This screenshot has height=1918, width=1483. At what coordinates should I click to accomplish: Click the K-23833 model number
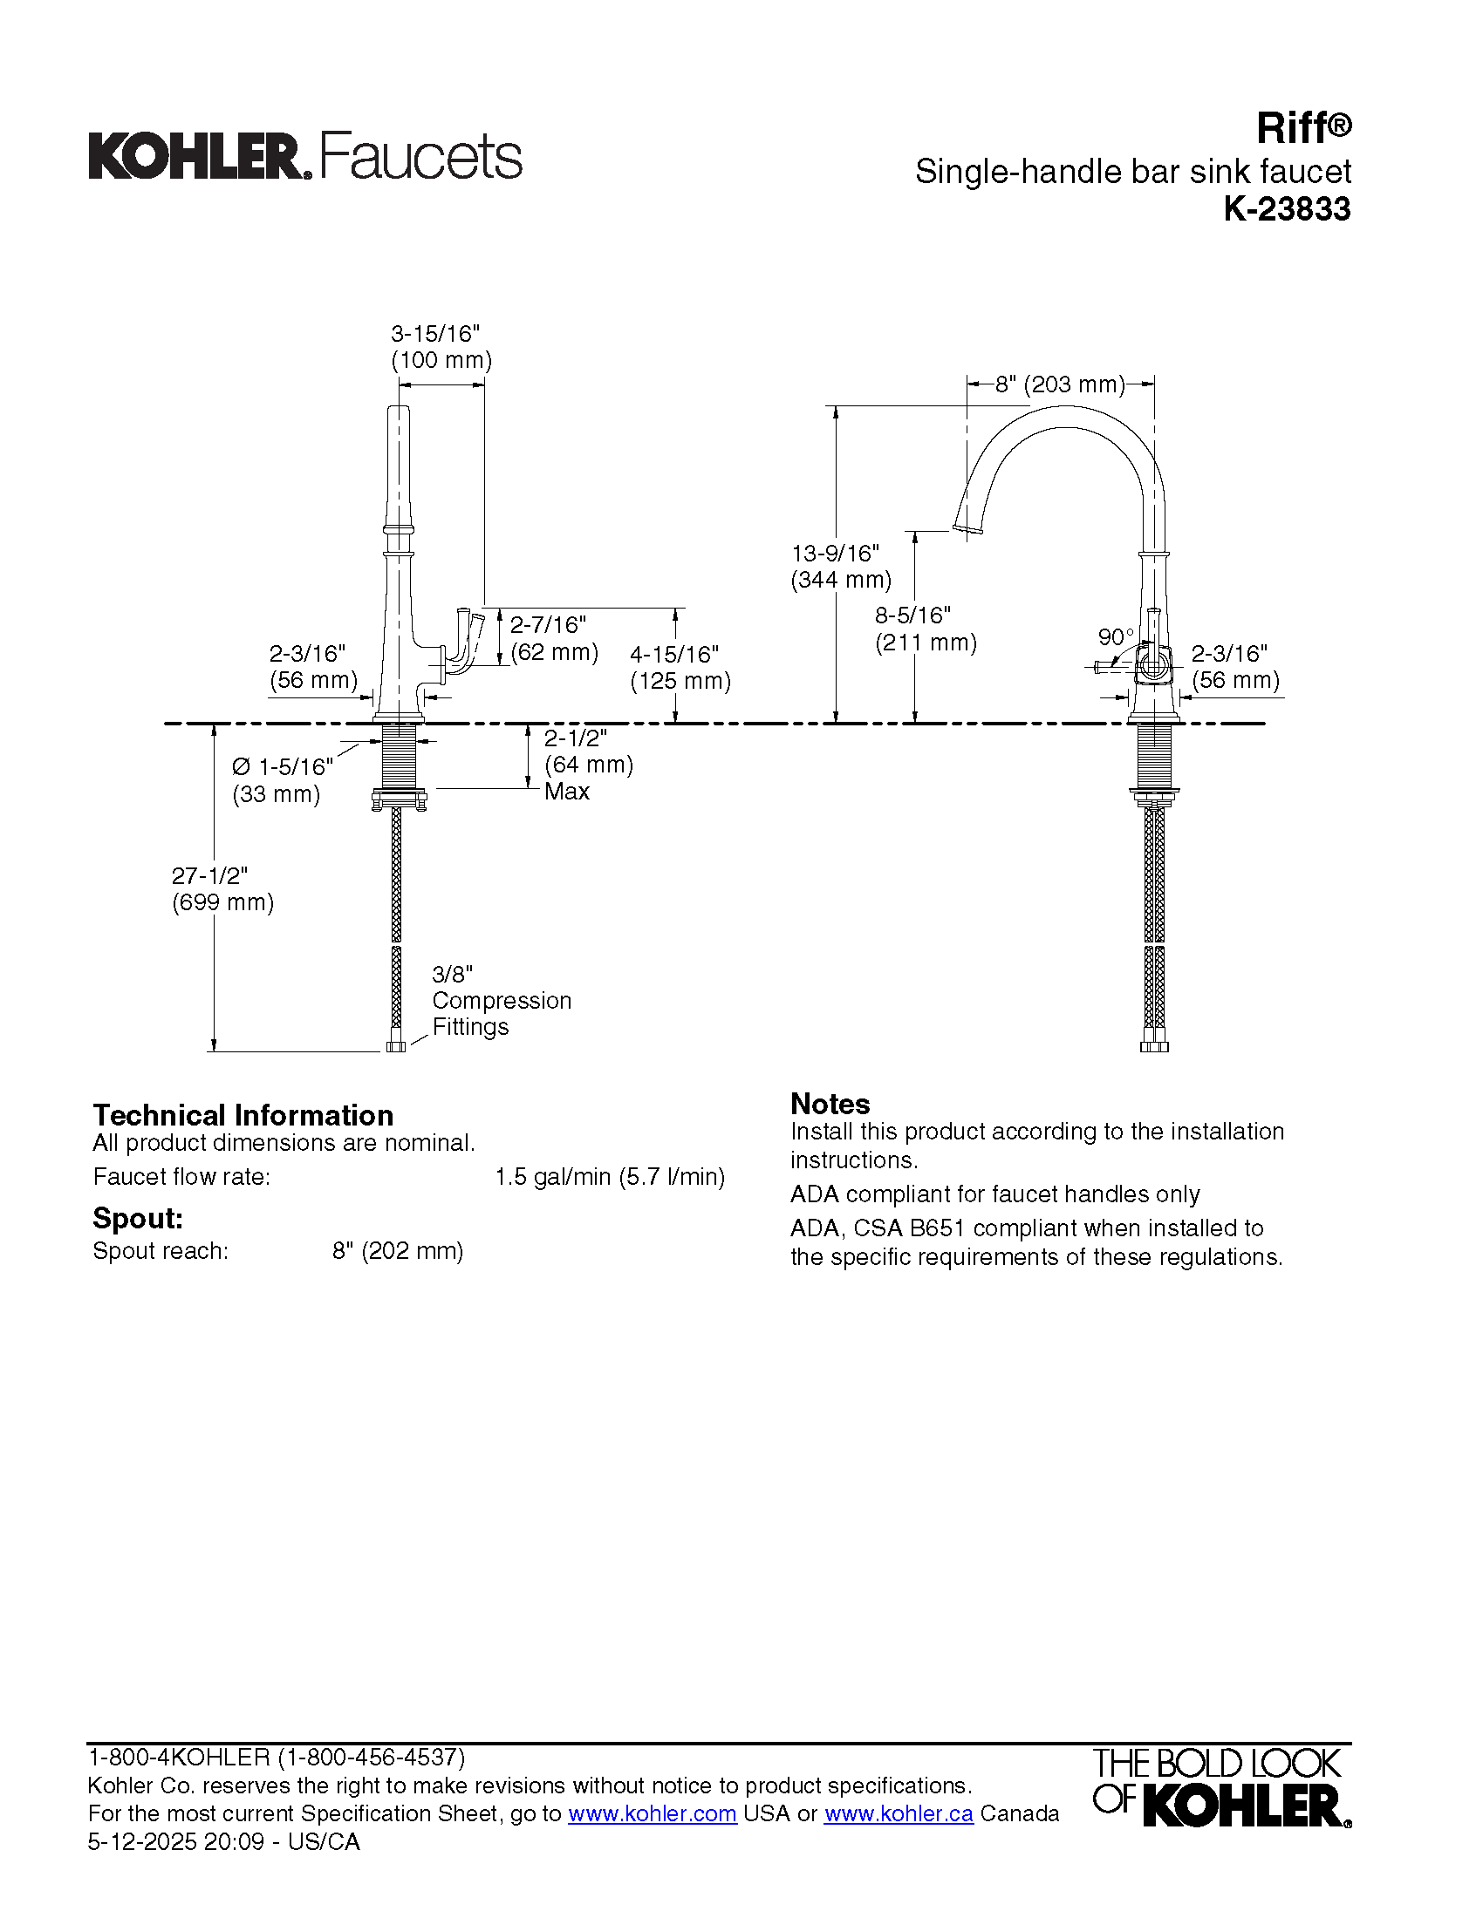(x=1287, y=209)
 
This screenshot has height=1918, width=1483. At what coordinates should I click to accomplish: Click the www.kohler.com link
(x=652, y=1813)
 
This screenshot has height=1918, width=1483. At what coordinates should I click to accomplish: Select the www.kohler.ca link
(x=898, y=1813)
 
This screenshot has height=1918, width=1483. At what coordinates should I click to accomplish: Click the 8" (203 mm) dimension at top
(x=1060, y=384)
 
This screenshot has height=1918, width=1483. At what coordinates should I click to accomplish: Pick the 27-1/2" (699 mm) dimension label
(x=222, y=888)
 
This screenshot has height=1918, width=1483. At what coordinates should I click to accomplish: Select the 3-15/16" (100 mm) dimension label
(x=441, y=347)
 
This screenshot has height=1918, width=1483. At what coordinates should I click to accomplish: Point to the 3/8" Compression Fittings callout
(x=501, y=1000)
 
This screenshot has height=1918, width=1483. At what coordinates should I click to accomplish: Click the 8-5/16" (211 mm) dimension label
(x=925, y=629)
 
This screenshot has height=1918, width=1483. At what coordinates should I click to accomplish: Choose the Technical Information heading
(x=243, y=1115)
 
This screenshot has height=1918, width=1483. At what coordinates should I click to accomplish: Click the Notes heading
(x=830, y=1104)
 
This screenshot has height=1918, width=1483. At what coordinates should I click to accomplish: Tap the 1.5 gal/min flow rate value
(x=610, y=1177)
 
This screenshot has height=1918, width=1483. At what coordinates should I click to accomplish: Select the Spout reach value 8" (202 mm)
(x=397, y=1250)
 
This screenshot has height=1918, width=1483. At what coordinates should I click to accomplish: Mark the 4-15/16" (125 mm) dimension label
(x=680, y=668)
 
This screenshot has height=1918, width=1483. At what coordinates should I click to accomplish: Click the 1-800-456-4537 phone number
(x=372, y=1758)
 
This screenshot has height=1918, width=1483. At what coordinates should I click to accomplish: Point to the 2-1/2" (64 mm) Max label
(x=587, y=764)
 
